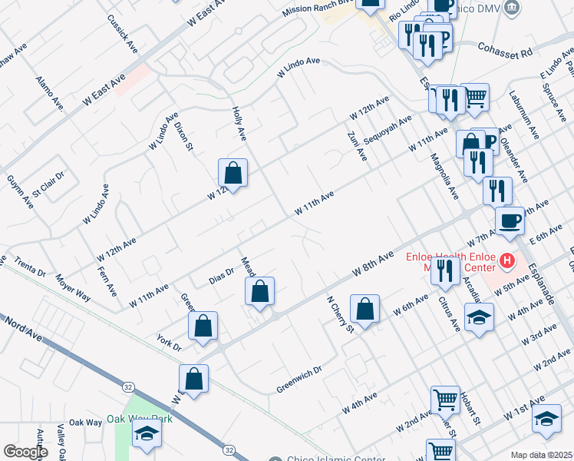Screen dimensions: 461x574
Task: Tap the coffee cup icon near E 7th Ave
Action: click(x=510, y=221)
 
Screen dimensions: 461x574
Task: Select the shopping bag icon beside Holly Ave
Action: click(x=233, y=173)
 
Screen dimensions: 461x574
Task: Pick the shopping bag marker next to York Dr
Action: click(x=203, y=325)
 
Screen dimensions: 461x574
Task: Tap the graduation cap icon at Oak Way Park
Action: click(x=145, y=435)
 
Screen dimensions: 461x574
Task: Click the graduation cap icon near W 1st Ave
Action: click(x=546, y=419)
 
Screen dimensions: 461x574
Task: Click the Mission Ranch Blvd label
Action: click(x=315, y=12)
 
